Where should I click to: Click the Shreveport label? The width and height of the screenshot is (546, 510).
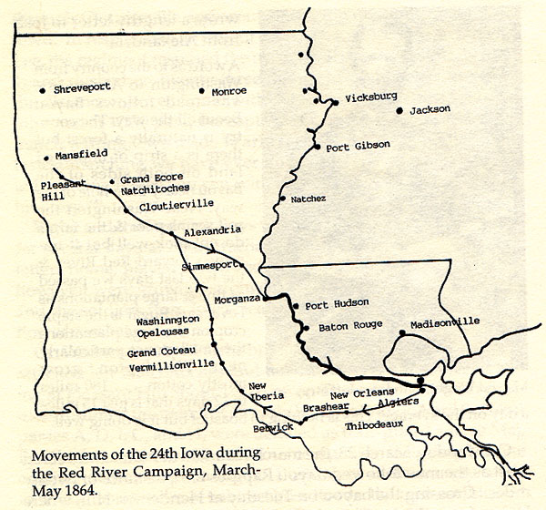(x=84, y=91)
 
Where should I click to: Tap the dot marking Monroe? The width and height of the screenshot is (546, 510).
(x=202, y=92)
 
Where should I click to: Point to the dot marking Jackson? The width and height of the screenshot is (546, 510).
(x=399, y=110)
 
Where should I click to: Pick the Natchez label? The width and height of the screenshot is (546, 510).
(x=308, y=198)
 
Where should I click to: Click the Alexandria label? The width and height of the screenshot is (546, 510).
(x=212, y=231)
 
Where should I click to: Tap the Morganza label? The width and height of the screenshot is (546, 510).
(x=237, y=299)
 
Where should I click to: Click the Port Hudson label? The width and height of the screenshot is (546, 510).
(x=337, y=303)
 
